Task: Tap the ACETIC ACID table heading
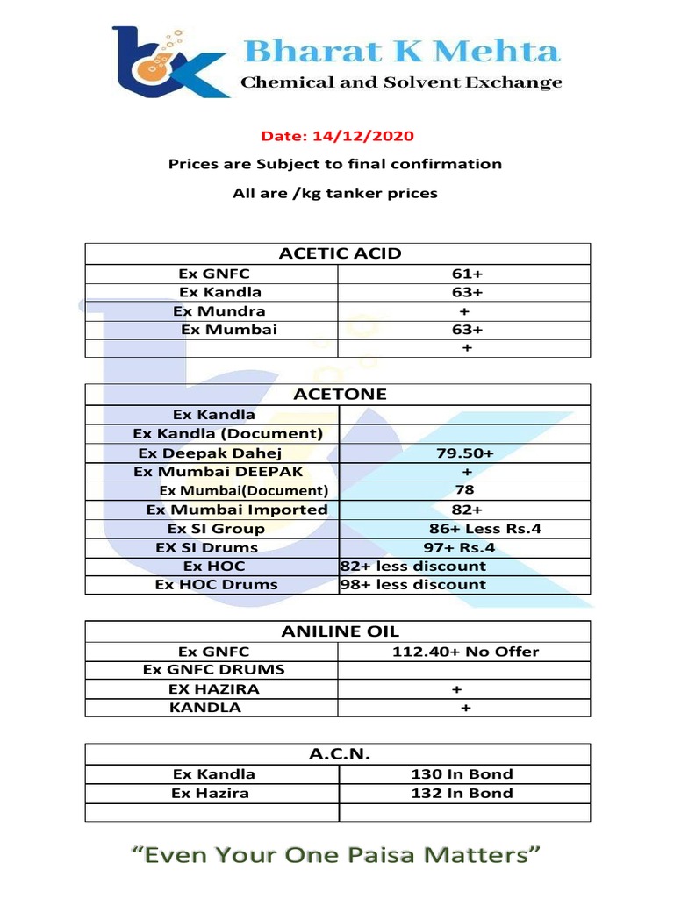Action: [340, 253]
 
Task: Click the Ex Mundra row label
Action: [219, 310]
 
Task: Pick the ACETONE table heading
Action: [340, 394]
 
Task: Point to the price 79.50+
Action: [464, 453]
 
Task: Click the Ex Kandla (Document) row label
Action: [228, 433]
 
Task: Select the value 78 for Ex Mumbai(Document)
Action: [465, 489]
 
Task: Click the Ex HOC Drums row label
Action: [216, 584]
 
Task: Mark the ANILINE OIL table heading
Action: [340, 631]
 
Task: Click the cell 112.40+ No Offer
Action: [465, 652]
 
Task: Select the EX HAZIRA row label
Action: [214, 689]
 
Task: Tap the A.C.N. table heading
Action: [340, 754]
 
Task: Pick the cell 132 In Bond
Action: [462, 793]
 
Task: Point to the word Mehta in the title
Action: [502, 51]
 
